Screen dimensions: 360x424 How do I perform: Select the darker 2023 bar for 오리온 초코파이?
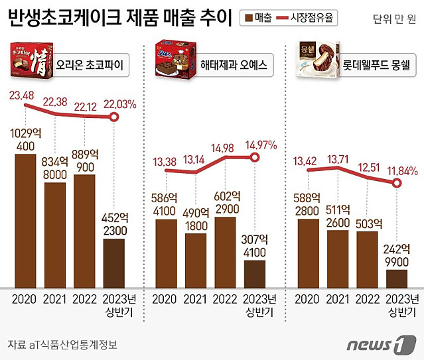(114, 263)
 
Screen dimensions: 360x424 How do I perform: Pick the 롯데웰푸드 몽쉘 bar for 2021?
(338, 259)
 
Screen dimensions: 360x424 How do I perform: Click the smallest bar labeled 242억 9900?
(397, 278)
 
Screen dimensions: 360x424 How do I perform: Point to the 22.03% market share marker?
(114, 117)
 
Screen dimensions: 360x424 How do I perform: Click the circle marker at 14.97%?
(254, 157)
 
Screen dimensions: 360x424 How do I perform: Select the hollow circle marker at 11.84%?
(397, 182)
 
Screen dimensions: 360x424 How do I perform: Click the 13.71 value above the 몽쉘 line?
(339, 156)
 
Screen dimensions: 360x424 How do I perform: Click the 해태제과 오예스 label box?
(232, 65)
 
